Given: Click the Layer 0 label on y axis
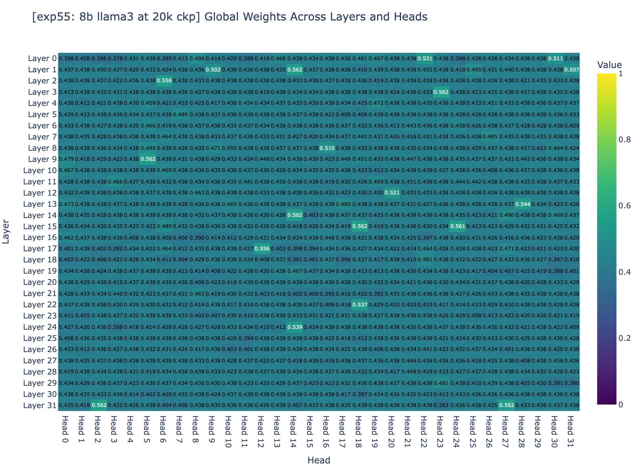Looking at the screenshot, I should [42, 58].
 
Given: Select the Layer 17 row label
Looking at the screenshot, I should [41, 249].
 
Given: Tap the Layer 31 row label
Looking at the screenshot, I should [41, 405].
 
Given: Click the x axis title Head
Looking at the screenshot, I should [319, 460].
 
